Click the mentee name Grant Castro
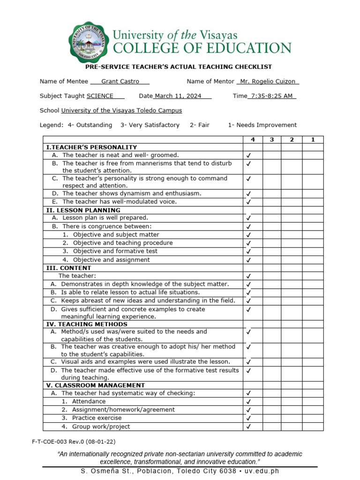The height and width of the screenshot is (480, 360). [x=120, y=82]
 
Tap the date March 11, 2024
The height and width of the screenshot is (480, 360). [x=178, y=96]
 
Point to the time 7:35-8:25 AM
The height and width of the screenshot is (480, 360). [x=272, y=96]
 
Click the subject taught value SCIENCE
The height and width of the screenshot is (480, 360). [x=100, y=96]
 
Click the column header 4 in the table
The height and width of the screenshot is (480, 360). [x=253, y=140]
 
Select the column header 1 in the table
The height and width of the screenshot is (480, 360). [x=313, y=140]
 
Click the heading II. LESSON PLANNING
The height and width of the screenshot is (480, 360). [x=83, y=210]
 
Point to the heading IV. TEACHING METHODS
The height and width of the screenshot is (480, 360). [x=86, y=324]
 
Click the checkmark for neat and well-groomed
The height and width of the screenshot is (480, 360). [x=248, y=156]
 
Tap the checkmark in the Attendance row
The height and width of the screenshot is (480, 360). [x=248, y=402]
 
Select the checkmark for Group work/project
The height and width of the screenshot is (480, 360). [x=248, y=427]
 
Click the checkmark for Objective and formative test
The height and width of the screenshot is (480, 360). [x=248, y=252]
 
